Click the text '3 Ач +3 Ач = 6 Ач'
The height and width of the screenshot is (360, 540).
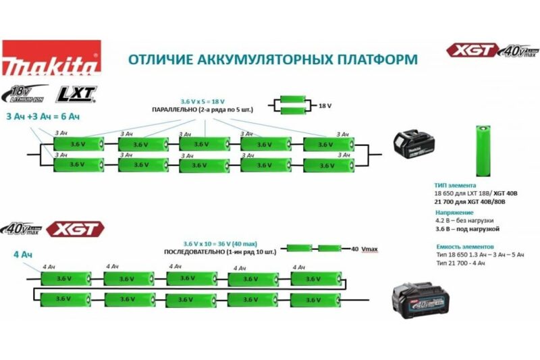click(43, 116)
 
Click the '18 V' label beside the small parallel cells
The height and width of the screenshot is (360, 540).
click(326, 106)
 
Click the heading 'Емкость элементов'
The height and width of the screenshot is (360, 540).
click(465, 247)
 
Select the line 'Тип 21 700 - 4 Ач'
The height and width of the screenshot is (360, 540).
click(461, 263)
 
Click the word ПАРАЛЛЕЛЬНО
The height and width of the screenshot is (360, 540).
click(175, 109)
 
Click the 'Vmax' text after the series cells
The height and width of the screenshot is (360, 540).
click(369, 249)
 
